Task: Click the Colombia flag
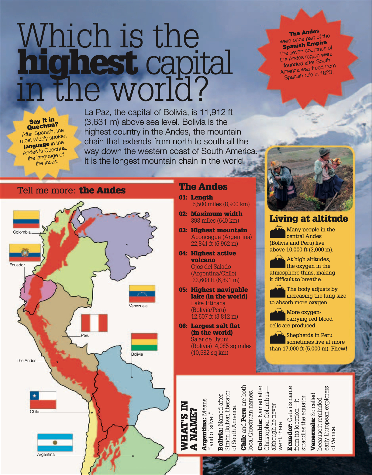[26, 219]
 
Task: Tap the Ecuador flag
[25, 252]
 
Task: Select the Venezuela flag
[142, 293]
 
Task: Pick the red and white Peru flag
[94, 323]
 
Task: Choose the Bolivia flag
[144, 342]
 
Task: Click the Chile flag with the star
[43, 400]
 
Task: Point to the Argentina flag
[55, 443]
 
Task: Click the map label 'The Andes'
[26, 361]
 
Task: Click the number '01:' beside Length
[183, 197]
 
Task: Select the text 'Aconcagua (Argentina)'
[221, 237]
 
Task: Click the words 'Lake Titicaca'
[208, 303]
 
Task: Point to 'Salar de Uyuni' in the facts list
[210, 339]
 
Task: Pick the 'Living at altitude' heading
[308, 219]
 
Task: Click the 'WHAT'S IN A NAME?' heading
[189, 425]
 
